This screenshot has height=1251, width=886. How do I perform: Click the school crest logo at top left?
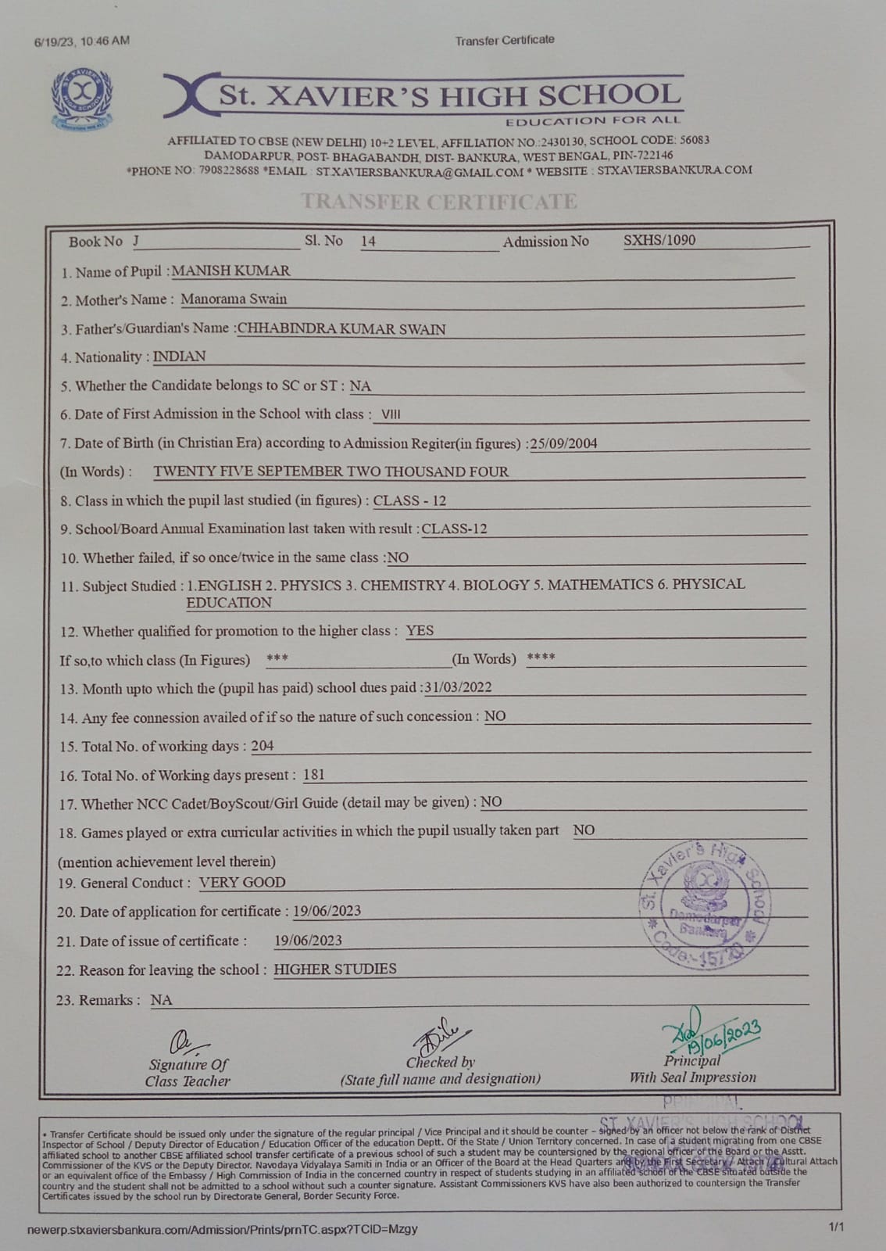[81, 99]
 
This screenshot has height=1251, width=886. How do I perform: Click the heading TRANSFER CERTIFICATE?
[439, 202]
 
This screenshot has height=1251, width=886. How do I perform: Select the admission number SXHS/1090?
[659, 240]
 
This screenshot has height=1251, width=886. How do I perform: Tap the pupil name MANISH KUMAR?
[230, 271]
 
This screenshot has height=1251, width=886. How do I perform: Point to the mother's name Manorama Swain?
[234, 299]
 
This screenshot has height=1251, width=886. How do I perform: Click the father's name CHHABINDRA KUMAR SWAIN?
[341, 329]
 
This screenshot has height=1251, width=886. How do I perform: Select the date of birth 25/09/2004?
[563, 443]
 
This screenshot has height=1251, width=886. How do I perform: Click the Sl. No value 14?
[368, 242]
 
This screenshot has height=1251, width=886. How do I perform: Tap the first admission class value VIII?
[391, 414]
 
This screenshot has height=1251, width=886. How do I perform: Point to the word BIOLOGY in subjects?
[496, 585]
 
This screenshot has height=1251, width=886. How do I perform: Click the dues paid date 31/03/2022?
[458, 687]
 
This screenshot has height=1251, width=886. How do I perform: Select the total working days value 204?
[263, 746]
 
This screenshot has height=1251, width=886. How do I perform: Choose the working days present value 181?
[313, 775]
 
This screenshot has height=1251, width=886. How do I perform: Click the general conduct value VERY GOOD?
[242, 882]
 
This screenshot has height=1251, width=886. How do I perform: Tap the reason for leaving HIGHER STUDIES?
[334, 969]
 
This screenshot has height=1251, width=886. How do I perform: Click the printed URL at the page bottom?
[222, 1229]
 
